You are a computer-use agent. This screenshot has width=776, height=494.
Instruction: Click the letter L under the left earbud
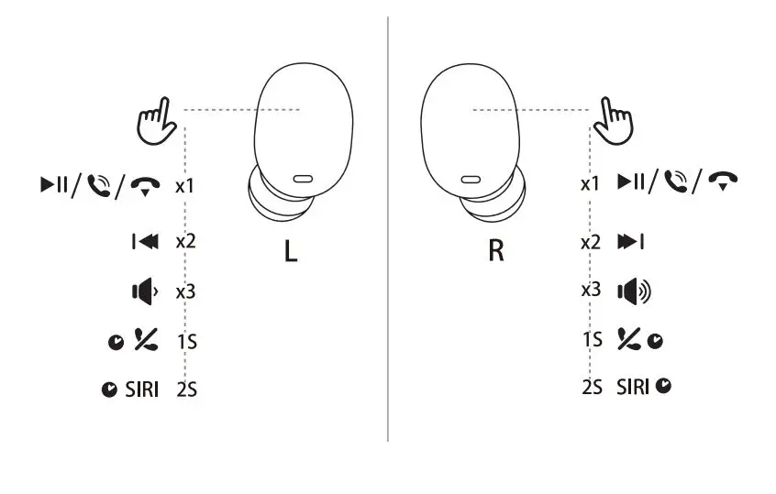pos(290,250)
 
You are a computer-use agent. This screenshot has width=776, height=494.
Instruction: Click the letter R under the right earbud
pos(495,250)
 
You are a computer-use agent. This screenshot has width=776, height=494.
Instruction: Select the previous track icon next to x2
pos(144,242)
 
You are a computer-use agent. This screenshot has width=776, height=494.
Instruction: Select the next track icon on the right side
pos(629,242)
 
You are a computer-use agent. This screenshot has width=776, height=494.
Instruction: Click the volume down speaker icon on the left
pos(144,292)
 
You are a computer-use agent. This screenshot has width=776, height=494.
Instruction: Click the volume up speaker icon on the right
pos(634,292)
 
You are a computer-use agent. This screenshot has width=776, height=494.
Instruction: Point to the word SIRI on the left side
pos(141,390)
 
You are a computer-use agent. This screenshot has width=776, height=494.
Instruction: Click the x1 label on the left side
pos(185,186)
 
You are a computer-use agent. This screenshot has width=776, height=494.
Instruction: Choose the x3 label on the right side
pos(591,290)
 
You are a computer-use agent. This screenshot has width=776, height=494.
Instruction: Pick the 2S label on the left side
pos(187,390)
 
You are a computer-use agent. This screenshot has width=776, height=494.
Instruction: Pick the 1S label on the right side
pos(592,339)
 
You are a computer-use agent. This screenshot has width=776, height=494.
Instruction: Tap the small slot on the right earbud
pos(471,179)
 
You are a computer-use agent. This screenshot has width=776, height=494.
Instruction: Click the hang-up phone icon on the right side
pos(726,181)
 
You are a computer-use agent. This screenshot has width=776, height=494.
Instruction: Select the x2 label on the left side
pos(185,242)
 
